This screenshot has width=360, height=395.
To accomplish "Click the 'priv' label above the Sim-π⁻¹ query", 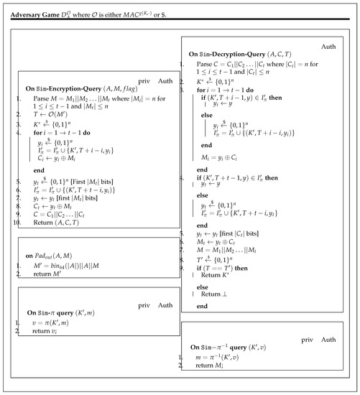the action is (292, 337).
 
